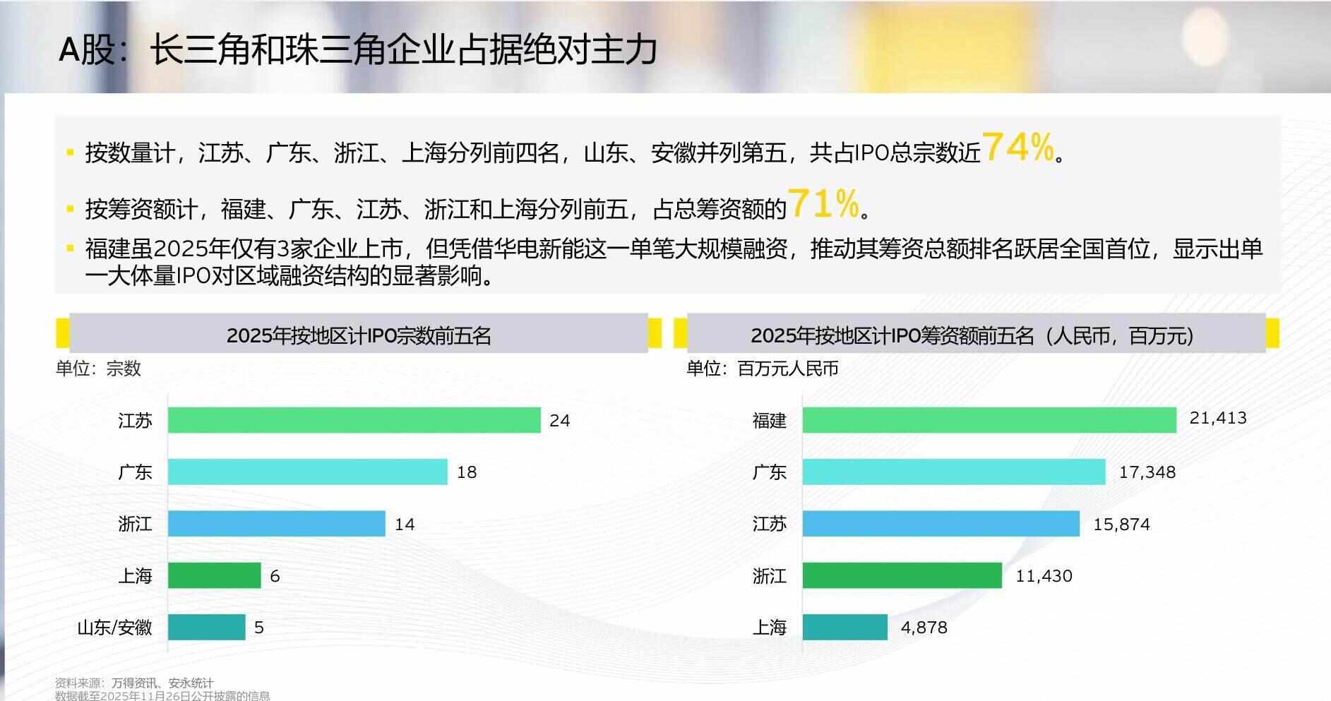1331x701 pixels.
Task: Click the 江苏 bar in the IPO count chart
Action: pos(354,420)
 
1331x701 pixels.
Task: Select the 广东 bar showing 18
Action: pos(307,472)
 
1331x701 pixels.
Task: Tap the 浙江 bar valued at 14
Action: pos(276,524)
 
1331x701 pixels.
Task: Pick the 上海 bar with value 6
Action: pos(214,575)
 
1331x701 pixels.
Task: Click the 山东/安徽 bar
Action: pos(206,627)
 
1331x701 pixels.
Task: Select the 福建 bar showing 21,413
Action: pos(989,420)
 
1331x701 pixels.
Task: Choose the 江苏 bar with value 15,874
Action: pos(941,524)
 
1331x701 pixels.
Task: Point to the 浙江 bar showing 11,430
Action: pos(902,575)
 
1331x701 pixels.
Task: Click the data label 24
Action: pos(559,421)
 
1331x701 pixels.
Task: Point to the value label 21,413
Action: pos(1218,418)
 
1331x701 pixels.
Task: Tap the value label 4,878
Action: pos(924,628)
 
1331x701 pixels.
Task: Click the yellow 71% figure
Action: pos(823,204)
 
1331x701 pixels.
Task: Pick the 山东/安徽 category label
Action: pos(114,628)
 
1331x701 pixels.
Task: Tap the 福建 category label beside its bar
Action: pos(769,421)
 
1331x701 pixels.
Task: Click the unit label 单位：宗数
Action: pos(98,369)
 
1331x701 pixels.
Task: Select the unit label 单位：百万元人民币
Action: pos(762,369)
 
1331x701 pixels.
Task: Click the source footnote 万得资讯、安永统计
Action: pos(162,683)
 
